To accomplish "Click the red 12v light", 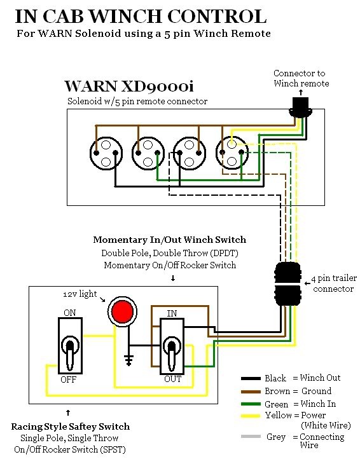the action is tap(122, 311).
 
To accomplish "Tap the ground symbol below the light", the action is tap(129, 360).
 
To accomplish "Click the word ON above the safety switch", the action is tap(70, 313).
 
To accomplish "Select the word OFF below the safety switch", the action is tap(68, 379).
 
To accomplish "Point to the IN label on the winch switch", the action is tap(172, 313).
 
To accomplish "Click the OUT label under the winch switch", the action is tap(172, 379).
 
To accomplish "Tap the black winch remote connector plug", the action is tap(301, 108).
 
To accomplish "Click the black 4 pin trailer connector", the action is tap(287, 283).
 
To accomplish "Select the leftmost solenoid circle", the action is tap(106, 153).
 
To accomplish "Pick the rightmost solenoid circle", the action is tap(232, 153).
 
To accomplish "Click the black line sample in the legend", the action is tap(251, 378).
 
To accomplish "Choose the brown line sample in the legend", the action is tap(251, 392).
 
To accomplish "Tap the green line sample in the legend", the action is tap(251, 404).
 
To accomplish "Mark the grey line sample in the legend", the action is tap(251, 436).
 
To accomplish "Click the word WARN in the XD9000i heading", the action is tap(90, 86).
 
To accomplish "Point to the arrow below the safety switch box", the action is tap(68, 413).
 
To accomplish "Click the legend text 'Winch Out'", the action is tap(321, 378).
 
